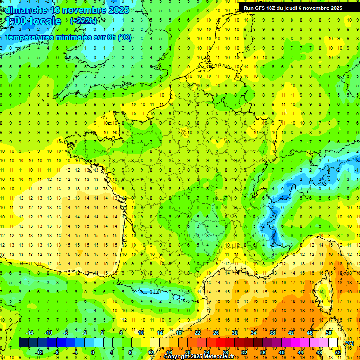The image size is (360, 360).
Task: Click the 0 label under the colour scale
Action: pyautogui.click(x=93, y=352)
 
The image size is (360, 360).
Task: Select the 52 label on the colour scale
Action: pyautogui.click(x=338, y=352)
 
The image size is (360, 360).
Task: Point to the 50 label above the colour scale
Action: pyautogui.click(x=329, y=333)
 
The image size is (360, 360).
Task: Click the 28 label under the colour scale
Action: pyautogui.click(x=225, y=352)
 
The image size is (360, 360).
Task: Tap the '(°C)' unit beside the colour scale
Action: pyautogui.click(x=349, y=343)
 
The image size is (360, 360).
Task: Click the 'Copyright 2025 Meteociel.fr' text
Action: pyautogui.click(x=205, y=357)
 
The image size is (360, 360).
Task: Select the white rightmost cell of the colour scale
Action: pyautogui.click(x=333, y=343)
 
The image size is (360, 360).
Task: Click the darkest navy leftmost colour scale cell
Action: pyautogui.click(x=23, y=343)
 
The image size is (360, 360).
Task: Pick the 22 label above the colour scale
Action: pyautogui.click(x=197, y=333)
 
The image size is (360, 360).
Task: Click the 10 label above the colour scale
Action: pyautogui.click(x=141, y=333)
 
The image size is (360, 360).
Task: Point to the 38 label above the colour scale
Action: pyautogui.click(x=272, y=333)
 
